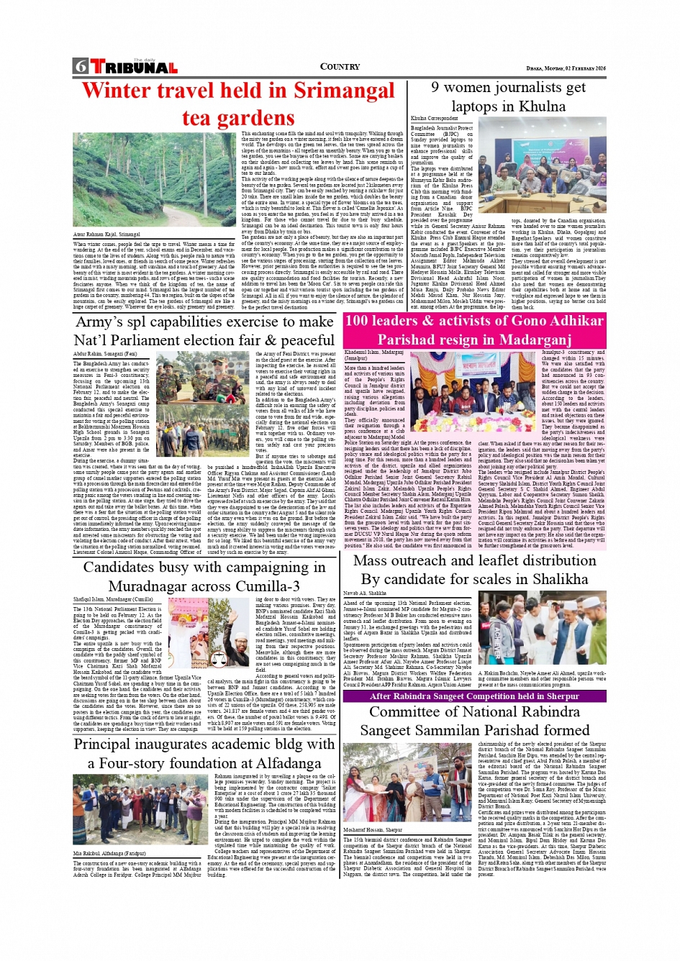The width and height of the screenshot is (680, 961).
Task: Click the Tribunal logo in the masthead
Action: coord(134,68)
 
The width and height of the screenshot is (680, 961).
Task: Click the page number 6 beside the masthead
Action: coord(81,67)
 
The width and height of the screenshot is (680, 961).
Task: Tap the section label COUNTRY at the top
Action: coord(340,67)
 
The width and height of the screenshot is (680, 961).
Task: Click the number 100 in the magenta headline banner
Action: coord(358,320)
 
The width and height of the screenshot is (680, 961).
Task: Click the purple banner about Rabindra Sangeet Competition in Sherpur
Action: coord(474,696)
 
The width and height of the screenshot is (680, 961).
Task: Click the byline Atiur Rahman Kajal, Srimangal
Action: coord(106,234)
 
